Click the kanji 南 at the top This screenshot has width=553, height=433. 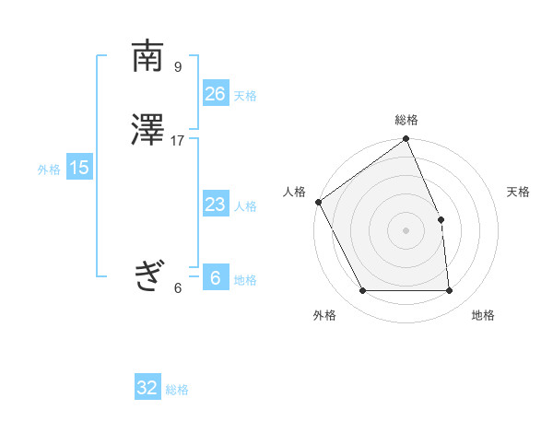click(x=147, y=56)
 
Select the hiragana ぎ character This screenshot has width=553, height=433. click(x=147, y=275)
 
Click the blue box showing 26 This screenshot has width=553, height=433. click(x=215, y=94)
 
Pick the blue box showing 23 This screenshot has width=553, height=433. click(x=215, y=205)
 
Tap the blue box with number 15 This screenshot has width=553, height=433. click(x=78, y=168)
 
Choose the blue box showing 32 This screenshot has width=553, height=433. click(x=147, y=388)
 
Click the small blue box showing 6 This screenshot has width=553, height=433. click(x=215, y=278)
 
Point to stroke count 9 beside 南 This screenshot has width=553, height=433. click(x=178, y=66)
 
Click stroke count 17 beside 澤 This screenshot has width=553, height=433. click(x=178, y=141)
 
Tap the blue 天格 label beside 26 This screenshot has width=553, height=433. click(x=245, y=96)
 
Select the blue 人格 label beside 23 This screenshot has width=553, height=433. click(x=245, y=206)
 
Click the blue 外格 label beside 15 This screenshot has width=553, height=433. click(x=49, y=170)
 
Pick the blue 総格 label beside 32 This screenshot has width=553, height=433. click(x=177, y=390)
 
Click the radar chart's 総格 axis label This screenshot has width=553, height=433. click(x=406, y=120)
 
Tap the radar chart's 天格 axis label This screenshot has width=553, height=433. click(x=519, y=192)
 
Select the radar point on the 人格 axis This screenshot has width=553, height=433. click(x=318, y=202)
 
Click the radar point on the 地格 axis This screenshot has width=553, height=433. click(x=450, y=291)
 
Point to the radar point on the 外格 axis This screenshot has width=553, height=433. click(x=362, y=291)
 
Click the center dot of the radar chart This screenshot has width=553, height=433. click(x=406, y=230)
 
